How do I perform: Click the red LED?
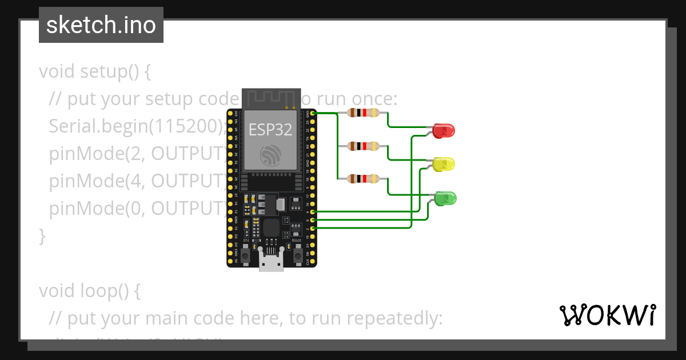click(x=444, y=130)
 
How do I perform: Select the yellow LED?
click(x=444, y=165)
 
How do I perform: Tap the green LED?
click(x=445, y=198)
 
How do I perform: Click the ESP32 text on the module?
click(x=270, y=130)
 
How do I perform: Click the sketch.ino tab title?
click(x=101, y=25)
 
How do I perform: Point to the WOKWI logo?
click(x=607, y=315)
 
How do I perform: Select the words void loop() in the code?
click(x=89, y=291)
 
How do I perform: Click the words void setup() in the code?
click(x=94, y=72)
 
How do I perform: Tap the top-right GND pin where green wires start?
click(x=312, y=114)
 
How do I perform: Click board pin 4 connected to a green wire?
click(x=312, y=212)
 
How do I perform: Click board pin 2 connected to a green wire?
click(x=312, y=229)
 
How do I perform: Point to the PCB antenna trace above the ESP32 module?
click(x=271, y=98)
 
